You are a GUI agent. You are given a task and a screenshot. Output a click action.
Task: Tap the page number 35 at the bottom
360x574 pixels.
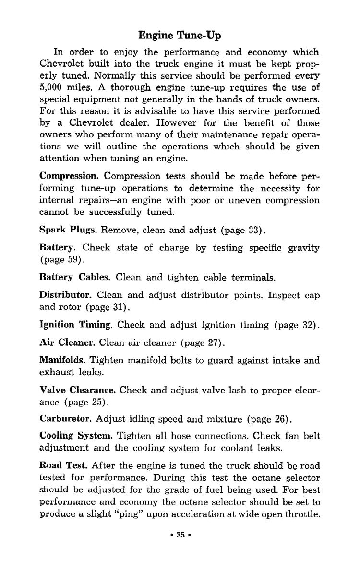180,535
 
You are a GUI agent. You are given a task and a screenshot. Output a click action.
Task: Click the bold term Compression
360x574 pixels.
69,176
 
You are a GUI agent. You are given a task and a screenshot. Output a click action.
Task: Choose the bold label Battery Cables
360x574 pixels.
75,277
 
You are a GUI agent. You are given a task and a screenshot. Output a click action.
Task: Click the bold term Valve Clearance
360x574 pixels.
77,390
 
